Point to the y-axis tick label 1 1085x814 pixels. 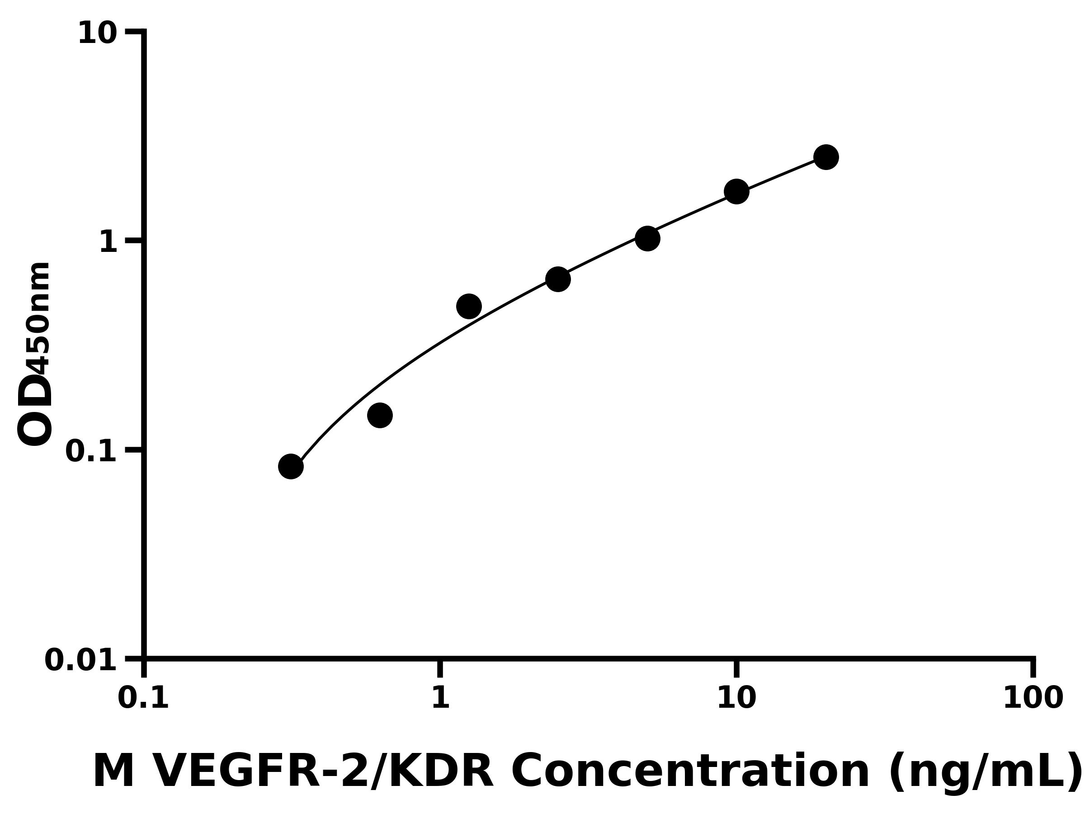click(x=108, y=242)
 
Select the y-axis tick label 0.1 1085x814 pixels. click(x=91, y=451)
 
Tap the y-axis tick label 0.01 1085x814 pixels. click(x=81, y=660)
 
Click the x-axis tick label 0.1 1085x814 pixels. click(x=143, y=698)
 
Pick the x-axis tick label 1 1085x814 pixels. click(x=440, y=698)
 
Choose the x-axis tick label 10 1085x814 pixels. click(x=736, y=698)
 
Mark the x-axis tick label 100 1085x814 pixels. click(x=1033, y=698)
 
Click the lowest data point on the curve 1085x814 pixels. click(x=291, y=466)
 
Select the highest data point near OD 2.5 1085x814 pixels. click(x=826, y=157)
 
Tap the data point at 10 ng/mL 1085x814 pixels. click(x=737, y=191)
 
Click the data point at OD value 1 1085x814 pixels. click(x=647, y=238)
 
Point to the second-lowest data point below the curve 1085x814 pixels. click(x=380, y=416)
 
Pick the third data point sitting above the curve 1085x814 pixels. click(x=469, y=307)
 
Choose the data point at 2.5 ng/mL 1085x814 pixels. click(x=558, y=279)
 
